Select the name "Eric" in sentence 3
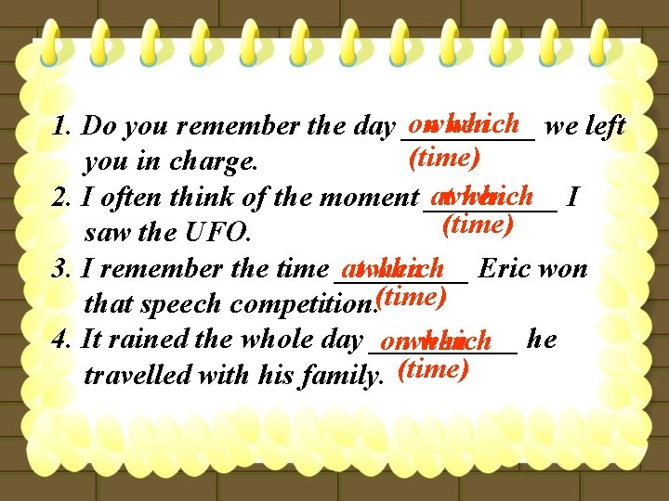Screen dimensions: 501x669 click(505, 269)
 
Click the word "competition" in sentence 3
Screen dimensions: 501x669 click(301, 304)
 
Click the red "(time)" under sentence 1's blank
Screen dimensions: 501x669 click(444, 157)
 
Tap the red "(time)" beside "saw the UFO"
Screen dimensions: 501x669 click(478, 224)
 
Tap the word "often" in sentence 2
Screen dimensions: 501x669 click(130, 198)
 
